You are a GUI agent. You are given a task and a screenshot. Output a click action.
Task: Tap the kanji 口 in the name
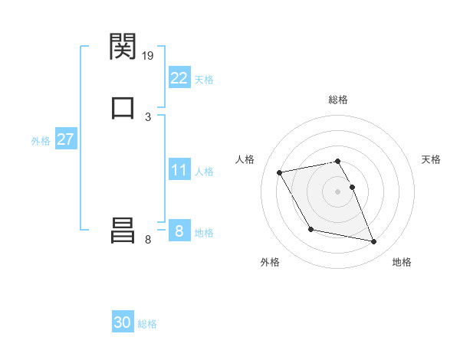[123, 107]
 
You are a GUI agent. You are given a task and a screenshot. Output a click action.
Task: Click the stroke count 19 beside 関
[149, 55]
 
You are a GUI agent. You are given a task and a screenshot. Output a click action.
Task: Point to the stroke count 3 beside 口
[148, 116]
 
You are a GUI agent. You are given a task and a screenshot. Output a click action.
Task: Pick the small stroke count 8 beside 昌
[148, 240]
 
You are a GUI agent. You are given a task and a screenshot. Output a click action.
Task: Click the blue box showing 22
[179, 78]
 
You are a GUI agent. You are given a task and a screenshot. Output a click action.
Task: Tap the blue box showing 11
[179, 170]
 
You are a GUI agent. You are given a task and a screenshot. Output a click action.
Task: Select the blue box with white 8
[179, 231]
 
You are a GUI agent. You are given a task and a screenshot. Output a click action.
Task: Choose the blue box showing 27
[65, 140]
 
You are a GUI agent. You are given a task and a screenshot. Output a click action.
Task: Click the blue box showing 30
[123, 323]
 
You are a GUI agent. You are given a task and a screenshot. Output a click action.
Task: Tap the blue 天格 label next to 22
[204, 79]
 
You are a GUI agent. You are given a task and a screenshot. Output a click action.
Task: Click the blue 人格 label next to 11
[204, 171]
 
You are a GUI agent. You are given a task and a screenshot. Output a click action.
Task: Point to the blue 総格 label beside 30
[147, 324]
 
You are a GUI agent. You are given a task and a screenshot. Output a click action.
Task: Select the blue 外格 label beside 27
[41, 141]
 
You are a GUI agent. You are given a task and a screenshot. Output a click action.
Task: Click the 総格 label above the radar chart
[338, 100]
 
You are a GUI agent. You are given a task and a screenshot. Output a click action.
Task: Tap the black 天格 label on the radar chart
[431, 159]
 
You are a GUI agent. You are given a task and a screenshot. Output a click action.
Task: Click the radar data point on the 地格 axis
[374, 242]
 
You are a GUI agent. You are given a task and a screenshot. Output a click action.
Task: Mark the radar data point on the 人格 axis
[279, 172]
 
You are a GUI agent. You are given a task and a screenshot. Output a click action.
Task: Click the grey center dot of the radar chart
[338, 191]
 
